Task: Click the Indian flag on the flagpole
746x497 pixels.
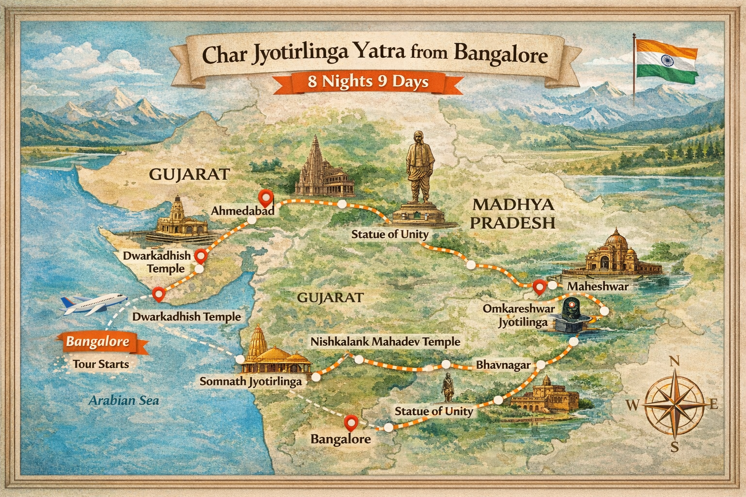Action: tap(666, 58)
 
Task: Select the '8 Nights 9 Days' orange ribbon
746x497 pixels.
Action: tap(368, 82)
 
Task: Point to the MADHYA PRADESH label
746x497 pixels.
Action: tap(514, 214)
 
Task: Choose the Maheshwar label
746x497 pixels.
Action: tap(597, 286)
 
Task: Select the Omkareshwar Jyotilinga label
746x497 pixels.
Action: tap(515, 315)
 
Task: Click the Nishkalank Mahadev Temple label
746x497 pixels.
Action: tap(385, 342)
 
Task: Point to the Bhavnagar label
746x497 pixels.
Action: tap(503, 365)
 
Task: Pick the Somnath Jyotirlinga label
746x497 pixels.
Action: tap(251, 381)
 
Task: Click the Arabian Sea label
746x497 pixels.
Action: tap(124, 400)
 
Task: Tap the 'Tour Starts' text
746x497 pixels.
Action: tap(101, 364)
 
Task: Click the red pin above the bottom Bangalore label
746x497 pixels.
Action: tap(350, 422)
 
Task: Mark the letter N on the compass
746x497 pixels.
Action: tap(674, 361)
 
